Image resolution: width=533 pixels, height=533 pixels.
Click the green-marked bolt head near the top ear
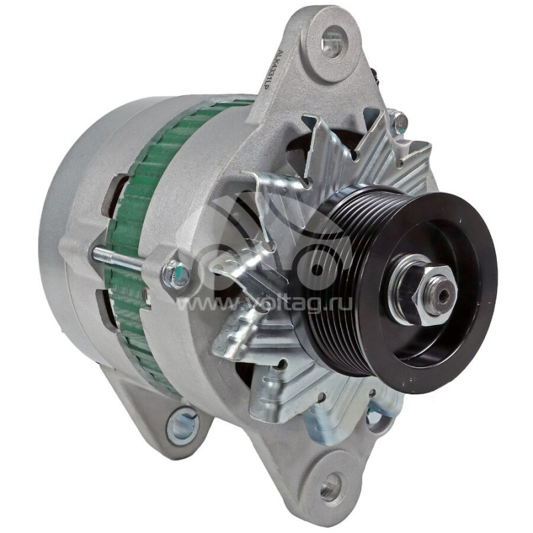pyautogui.click(x=400, y=121)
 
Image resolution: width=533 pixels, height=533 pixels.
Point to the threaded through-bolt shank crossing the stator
pyautogui.click(x=117, y=257)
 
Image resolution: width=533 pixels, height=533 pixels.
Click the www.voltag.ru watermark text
pyautogui.click(x=266, y=303)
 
